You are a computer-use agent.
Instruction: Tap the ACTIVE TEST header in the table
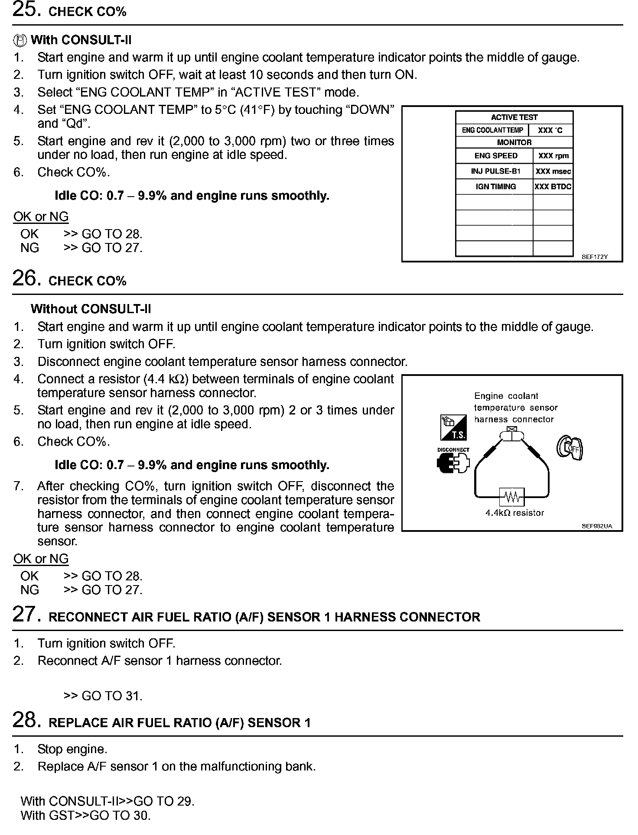tap(514, 117)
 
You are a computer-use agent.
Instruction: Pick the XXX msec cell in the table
tap(553, 172)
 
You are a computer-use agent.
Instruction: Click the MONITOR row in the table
tap(514, 142)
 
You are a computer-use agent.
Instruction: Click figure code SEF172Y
tap(594, 257)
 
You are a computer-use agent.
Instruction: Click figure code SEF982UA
tap(596, 527)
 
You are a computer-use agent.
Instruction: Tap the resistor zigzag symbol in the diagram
tap(512, 497)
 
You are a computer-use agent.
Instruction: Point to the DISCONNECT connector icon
tap(453, 462)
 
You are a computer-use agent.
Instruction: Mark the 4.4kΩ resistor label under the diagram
tap(514, 513)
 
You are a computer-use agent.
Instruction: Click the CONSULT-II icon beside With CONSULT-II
tap(20, 40)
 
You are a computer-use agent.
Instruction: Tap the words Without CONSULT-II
tap(91, 309)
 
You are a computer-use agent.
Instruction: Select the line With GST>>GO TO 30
tap(86, 816)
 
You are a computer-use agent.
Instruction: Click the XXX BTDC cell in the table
tap(553, 187)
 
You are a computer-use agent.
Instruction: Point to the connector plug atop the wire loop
tap(512, 434)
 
